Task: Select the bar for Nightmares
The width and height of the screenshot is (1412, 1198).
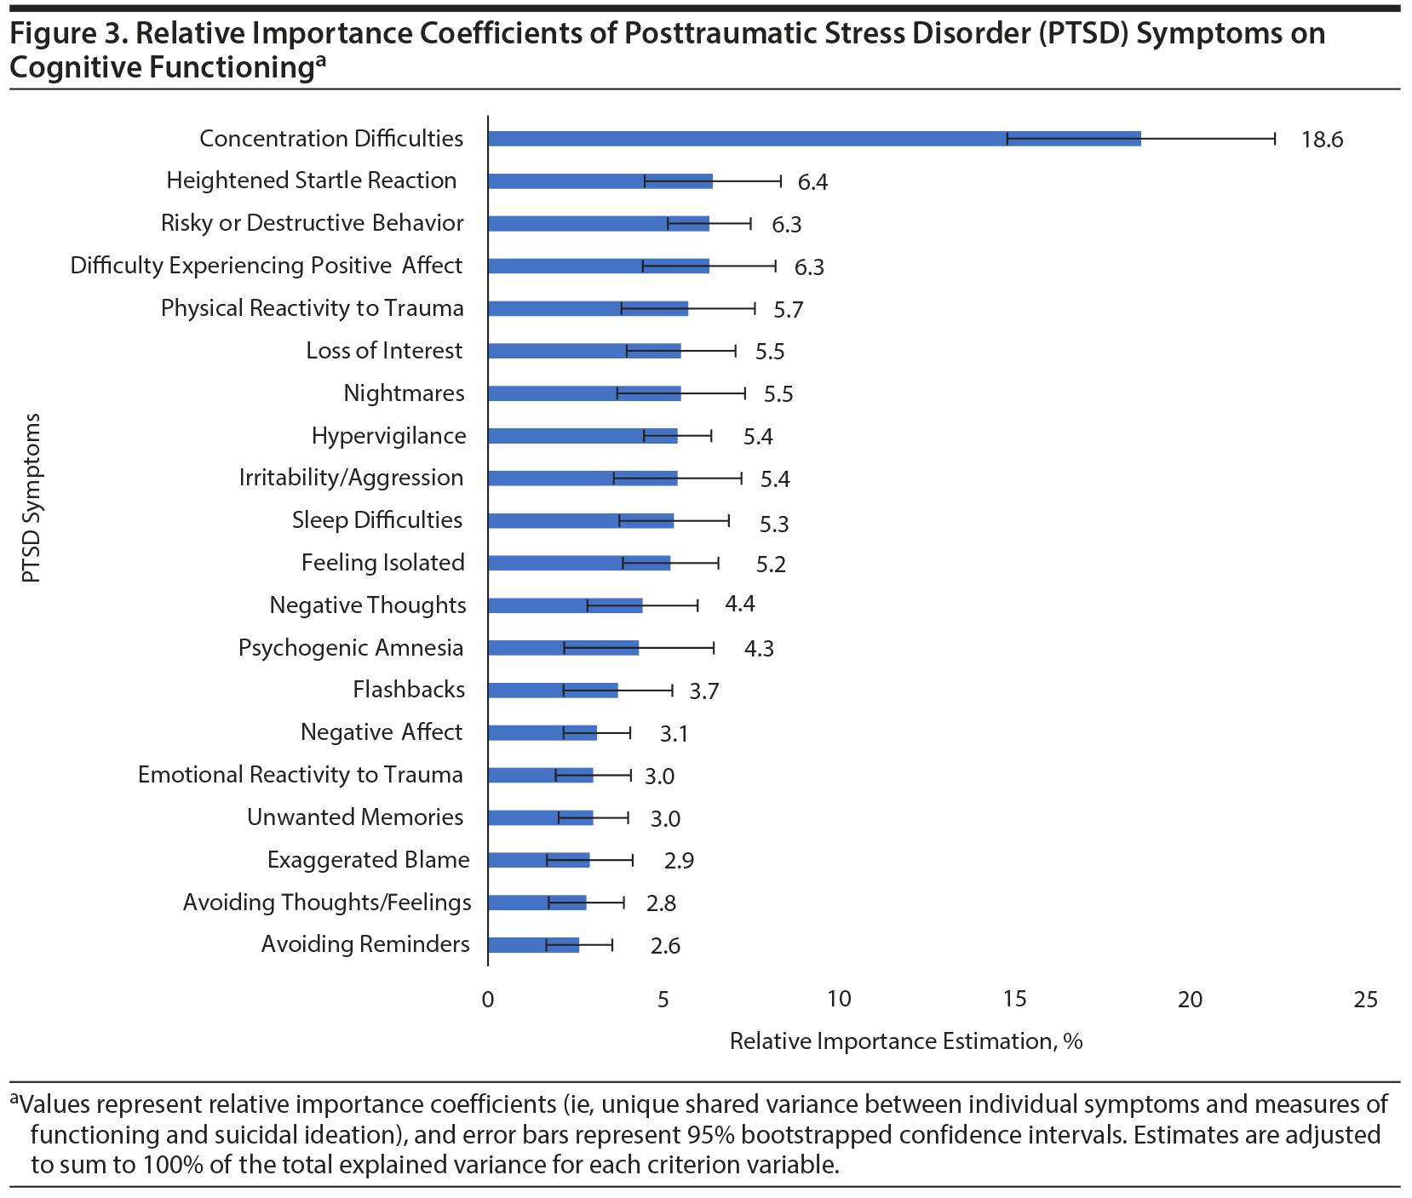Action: [x=584, y=393]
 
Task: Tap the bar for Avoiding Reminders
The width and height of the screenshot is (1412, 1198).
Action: [x=533, y=945]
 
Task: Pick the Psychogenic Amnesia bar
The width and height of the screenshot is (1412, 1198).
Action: [x=563, y=648]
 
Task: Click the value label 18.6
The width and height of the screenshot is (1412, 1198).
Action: [x=1322, y=140]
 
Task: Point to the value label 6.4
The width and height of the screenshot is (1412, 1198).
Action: [x=812, y=182]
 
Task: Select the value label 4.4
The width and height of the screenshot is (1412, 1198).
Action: [x=739, y=605]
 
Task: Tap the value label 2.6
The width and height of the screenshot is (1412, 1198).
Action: [x=665, y=946]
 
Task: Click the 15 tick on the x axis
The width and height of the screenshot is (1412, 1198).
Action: [x=1014, y=1000]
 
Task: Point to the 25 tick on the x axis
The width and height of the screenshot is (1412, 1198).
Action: [x=1365, y=1000]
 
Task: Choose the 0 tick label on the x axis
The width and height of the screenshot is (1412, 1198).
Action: [x=488, y=1000]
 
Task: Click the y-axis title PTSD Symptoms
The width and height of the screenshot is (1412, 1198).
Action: [x=32, y=498]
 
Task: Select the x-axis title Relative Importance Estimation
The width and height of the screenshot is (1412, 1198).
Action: [x=905, y=1041]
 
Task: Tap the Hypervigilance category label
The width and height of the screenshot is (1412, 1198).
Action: [x=388, y=436]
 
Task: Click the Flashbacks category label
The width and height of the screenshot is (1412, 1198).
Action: [x=409, y=690]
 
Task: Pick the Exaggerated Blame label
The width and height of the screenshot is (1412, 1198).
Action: [x=368, y=860]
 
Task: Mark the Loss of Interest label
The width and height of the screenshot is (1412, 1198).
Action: [x=384, y=351]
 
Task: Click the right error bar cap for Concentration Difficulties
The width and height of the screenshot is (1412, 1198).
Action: [x=1275, y=139]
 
